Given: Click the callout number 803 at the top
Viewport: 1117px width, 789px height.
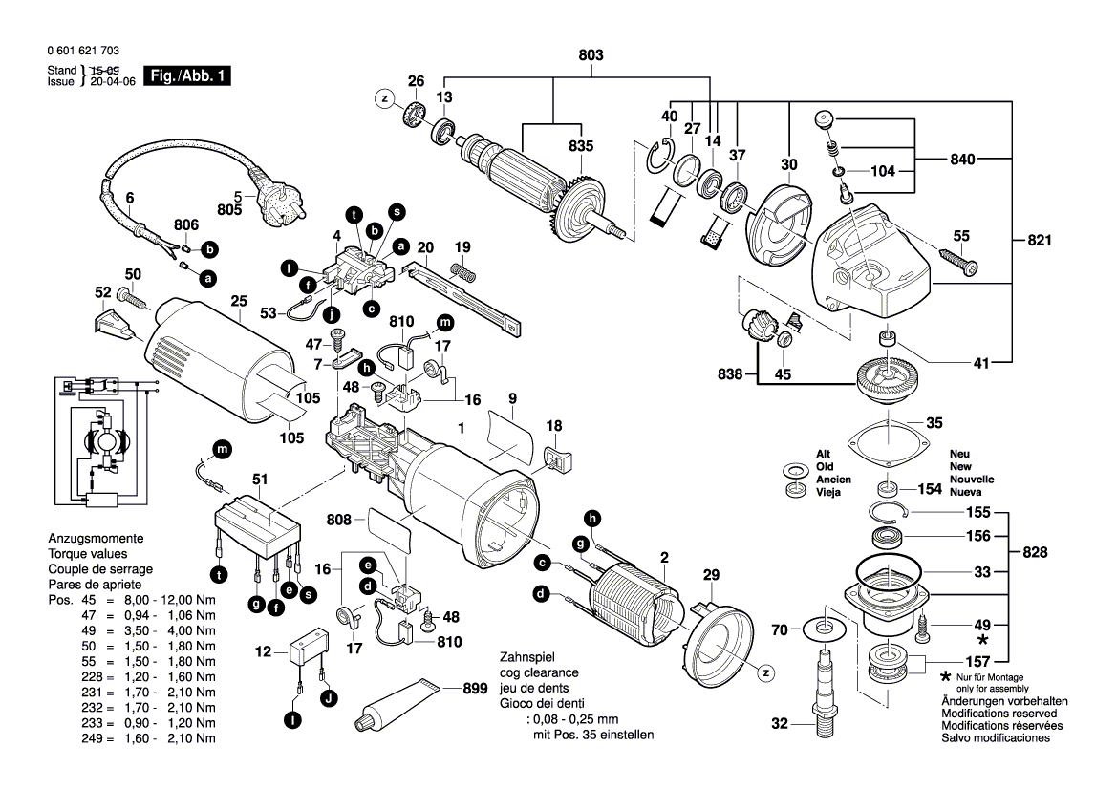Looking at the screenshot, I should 591,56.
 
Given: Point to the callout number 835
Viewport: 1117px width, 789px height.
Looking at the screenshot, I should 580,145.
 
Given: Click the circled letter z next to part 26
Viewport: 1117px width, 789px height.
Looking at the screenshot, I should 384,98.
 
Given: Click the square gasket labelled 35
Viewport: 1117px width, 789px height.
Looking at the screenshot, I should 889,440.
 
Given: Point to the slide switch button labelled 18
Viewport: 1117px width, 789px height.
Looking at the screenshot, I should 556,459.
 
